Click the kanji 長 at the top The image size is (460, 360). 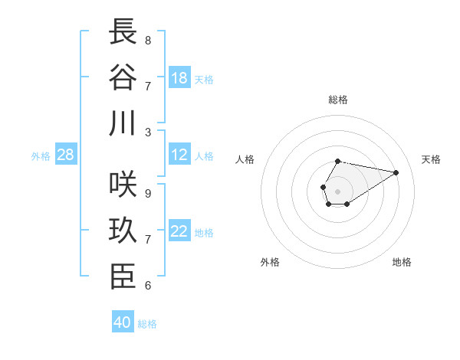click(x=123, y=32)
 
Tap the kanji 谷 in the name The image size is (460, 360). click(x=123, y=77)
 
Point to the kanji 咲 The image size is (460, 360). click(x=123, y=186)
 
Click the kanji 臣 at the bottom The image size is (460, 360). click(x=123, y=277)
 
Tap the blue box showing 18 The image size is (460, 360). click(x=179, y=78)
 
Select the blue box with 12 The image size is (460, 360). click(x=179, y=155)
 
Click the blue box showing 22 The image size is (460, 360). click(x=179, y=232)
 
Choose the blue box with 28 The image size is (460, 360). click(x=66, y=155)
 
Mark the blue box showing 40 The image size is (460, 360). click(x=123, y=322)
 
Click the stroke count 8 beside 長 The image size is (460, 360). click(x=148, y=40)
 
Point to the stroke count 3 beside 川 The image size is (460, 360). click(x=148, y=131)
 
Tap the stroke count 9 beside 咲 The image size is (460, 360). click(x=148, y=194)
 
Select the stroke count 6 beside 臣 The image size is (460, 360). click(x=148, y=286)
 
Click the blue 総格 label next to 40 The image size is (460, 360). click(x=147, y=324)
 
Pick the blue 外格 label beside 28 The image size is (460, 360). click(x=41, y=156)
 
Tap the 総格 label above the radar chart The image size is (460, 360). click(x=337, y=100)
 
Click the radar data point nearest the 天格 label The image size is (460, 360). click(x=396, y=172)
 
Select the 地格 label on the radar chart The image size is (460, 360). click(x=402, y=262)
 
